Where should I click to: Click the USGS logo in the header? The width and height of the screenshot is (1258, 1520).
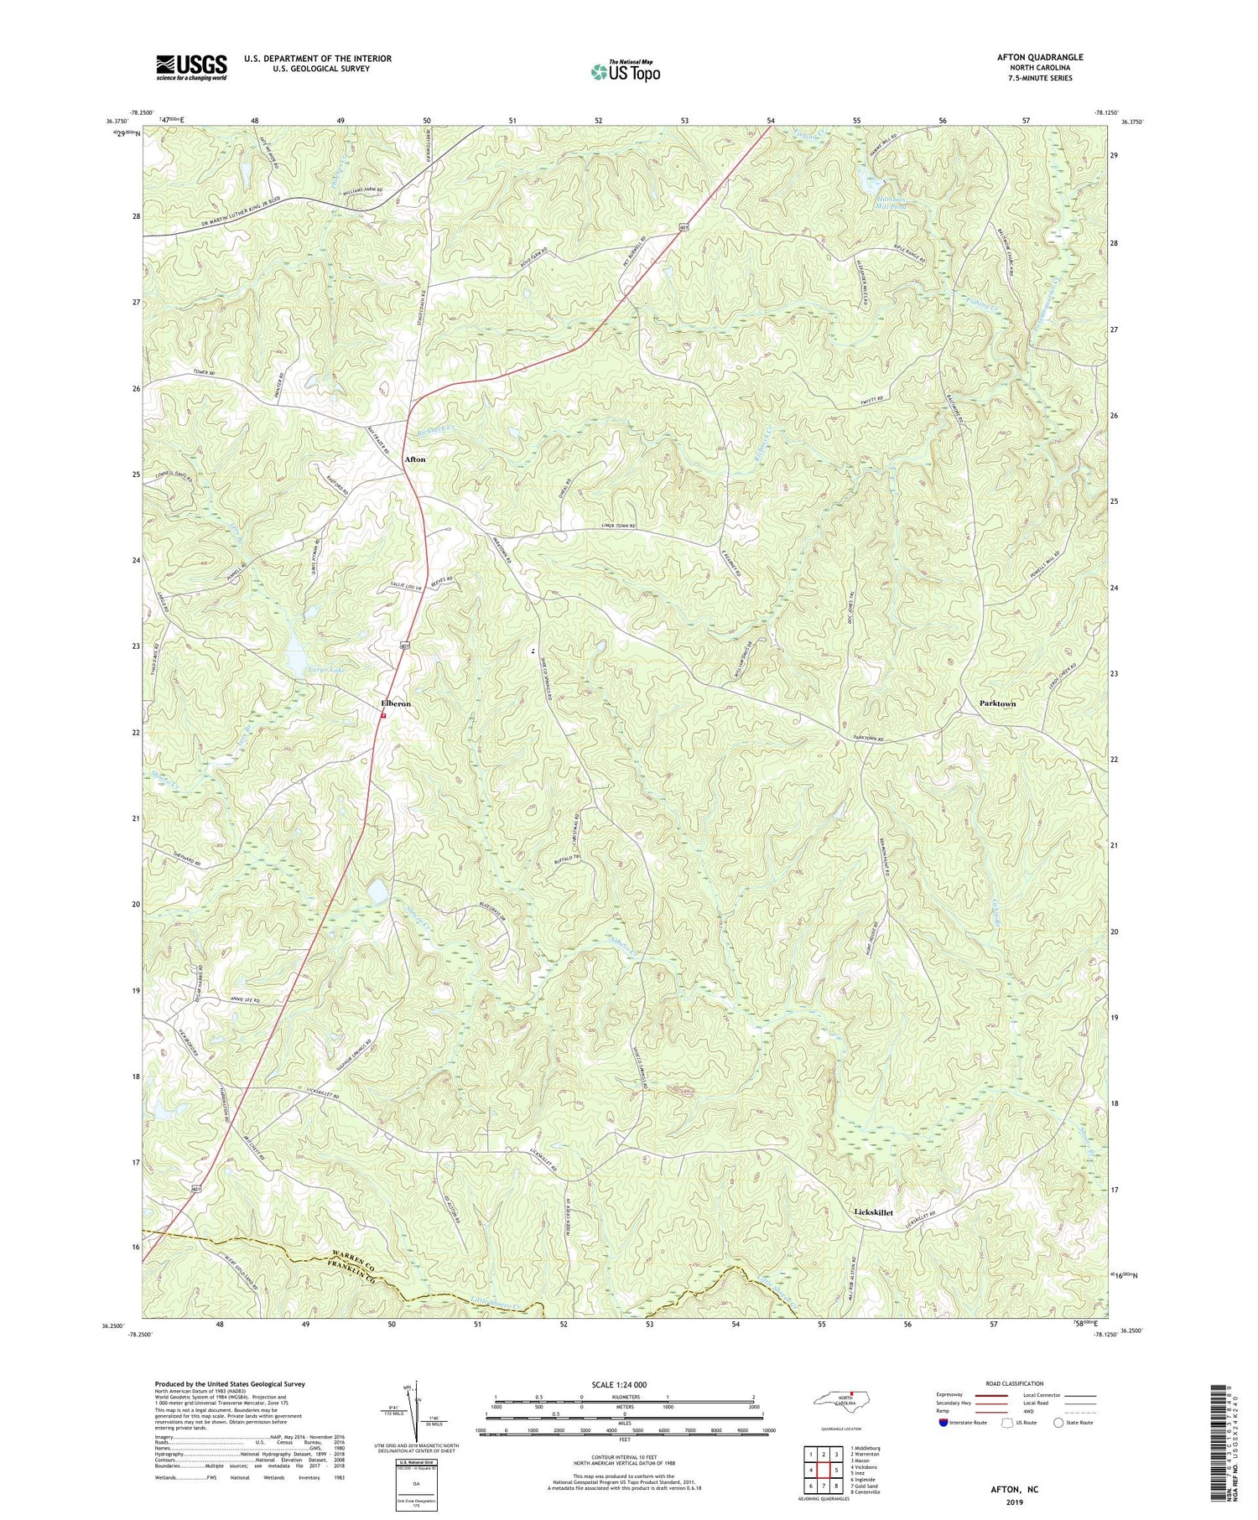[191, 67]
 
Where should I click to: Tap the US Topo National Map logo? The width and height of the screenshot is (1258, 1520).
[625, 71]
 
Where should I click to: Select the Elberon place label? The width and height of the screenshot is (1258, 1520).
[396, 703]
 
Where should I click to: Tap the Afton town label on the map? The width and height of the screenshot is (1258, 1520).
[414, 459]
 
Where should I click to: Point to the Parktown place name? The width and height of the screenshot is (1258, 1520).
[997, 703]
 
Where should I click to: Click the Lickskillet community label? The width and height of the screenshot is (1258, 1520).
[873, 1212]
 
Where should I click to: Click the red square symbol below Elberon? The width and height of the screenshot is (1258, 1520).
[383, 716]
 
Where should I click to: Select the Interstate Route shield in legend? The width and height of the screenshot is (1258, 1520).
[945, 1422]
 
